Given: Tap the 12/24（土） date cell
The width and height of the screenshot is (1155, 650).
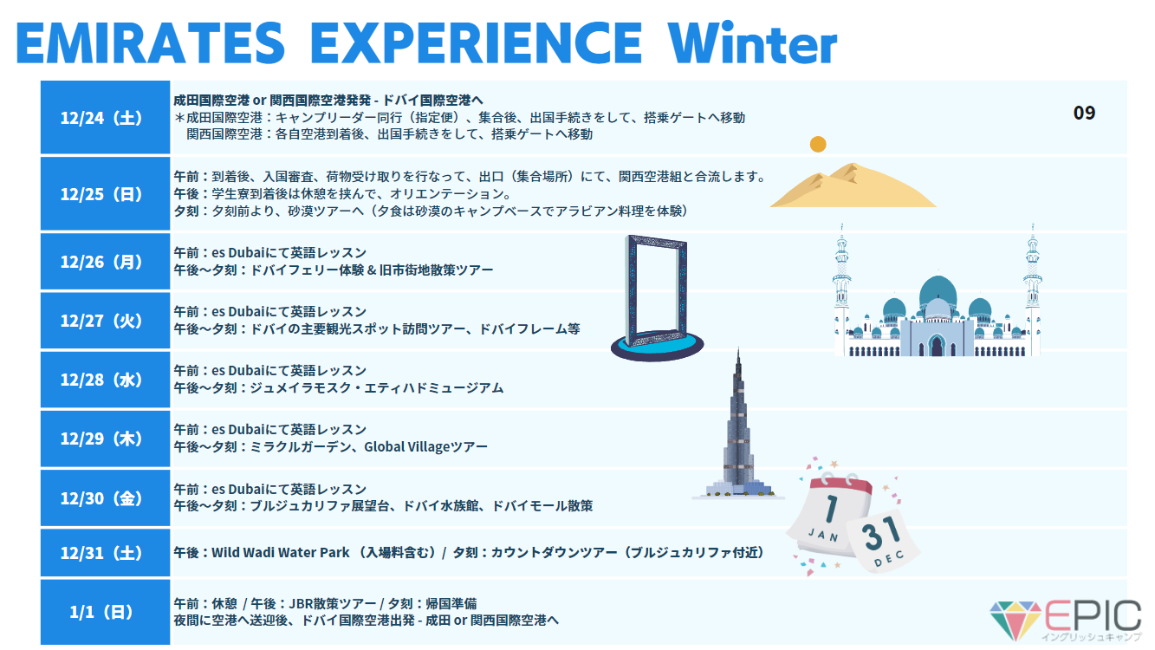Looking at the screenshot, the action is click(105, 117).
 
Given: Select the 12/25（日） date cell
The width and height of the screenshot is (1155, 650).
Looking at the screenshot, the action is click(105, 193).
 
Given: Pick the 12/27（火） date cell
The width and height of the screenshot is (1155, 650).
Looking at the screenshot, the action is click(105, 321).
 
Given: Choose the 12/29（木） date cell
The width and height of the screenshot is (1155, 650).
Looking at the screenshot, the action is click(105, 439).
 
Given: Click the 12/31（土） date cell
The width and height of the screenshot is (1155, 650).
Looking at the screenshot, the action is click(105, 553).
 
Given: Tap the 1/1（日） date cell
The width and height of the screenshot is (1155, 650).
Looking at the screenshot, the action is click(105, 612).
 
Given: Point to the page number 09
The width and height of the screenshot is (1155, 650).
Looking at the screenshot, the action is click(1084, 113).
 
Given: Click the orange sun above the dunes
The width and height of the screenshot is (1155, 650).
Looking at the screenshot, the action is click(818, 145).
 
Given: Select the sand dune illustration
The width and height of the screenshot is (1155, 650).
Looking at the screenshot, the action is click(853, 186).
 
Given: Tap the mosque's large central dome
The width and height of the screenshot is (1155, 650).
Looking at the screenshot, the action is click(938, 290).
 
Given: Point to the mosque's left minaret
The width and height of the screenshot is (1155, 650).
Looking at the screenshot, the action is click(841, 289).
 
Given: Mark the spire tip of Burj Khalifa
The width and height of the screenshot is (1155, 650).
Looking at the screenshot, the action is click(738, 348).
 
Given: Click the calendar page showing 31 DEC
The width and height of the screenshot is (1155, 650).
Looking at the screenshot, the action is click(883, 541).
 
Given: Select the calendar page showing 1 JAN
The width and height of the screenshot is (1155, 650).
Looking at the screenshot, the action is click(831, 516).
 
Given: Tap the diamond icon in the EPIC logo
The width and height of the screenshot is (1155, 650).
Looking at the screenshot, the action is click(1015, 620).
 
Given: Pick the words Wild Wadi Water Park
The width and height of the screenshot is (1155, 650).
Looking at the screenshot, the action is click(281, 553).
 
